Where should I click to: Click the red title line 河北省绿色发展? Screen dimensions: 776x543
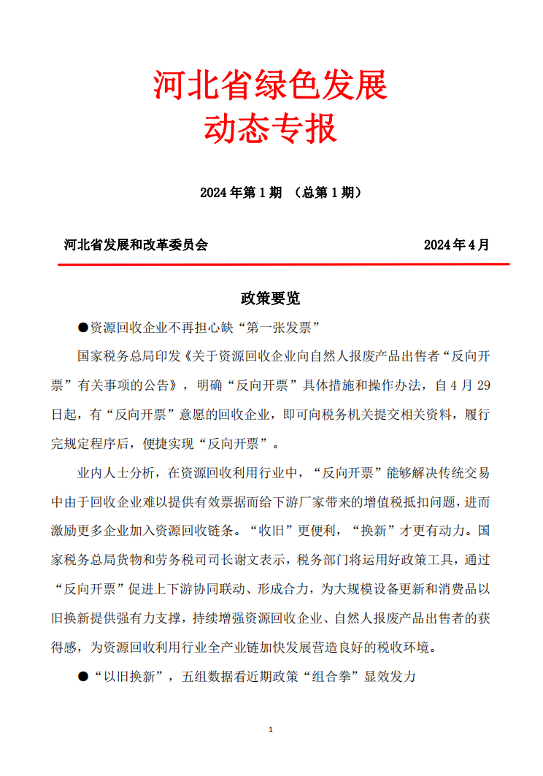point(270,86)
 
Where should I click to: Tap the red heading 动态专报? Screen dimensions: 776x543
point(270,129)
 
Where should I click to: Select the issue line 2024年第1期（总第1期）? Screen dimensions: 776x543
point(280,193)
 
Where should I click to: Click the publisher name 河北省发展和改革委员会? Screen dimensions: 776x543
point(136,245)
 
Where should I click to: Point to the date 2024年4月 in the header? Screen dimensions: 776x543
point(456,245)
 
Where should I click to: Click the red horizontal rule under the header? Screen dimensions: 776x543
point(283,264)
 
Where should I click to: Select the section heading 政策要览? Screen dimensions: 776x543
point(270,298)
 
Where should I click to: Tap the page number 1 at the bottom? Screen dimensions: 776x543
point(271,730)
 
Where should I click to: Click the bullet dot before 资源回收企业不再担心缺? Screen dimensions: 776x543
point(82,326)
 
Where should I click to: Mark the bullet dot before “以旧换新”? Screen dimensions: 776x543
point(82,677)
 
